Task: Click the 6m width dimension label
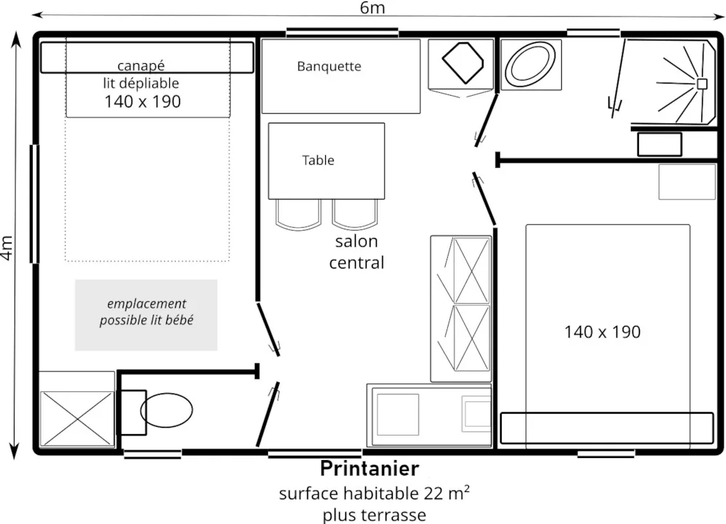click(x=372, y=8)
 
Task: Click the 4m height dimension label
click(x=7, y=247)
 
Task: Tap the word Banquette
click(x=329, y=66)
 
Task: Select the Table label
click(x=318, y=160)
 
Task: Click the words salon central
click(x=356, y=252)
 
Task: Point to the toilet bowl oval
click(x=167, y=409)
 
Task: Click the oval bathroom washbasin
click(x=531, y=65)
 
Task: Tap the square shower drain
click(x=702, y=83)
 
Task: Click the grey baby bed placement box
click(x=146, y=315)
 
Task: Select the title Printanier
click(x=370, y=468)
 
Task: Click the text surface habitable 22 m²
click(x=374, y=494)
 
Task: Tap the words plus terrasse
click(x=374, y=515)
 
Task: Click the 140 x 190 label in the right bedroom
click(x=603, y=332)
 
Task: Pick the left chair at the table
click(x=298, y=214)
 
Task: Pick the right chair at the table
click(x=355, y=214)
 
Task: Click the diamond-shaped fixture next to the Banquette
click(x=462, y=62)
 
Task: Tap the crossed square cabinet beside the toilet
click(x=77, y=419)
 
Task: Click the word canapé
click(x=142, y=66)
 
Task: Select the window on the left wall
click(x=34, y=204)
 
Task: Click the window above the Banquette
click(x=342, y=33)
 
